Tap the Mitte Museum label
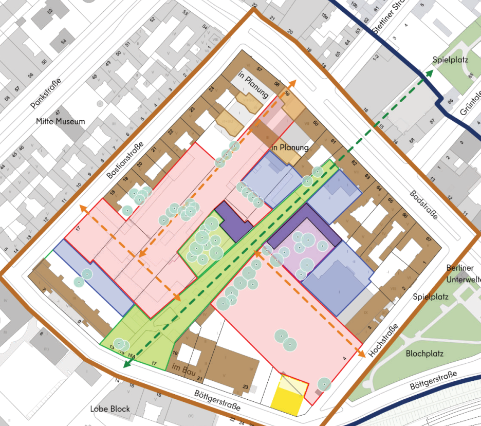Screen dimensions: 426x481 click(60, 122)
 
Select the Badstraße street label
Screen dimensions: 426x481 click(423, 206)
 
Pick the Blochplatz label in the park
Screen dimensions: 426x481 click(424, 354)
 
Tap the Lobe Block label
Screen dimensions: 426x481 click(110, 409)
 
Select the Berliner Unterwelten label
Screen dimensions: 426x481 click(463, 273)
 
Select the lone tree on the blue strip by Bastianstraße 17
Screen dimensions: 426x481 click(79, 282)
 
